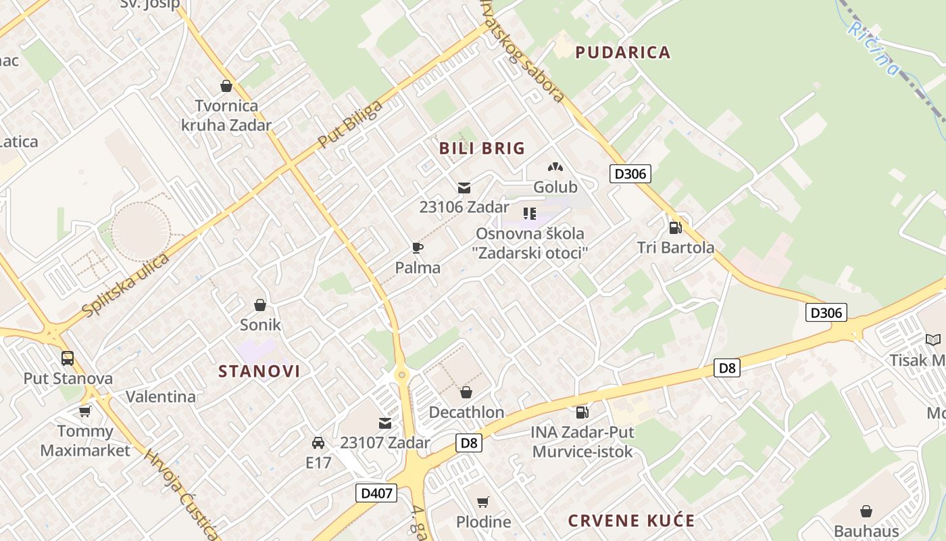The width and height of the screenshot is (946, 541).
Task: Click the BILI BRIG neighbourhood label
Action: [482, 149]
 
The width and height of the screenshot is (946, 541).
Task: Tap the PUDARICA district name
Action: [622, 53]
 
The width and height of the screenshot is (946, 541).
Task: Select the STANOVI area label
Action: [259, 371]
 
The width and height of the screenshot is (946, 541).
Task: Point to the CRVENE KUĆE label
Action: [631, 521]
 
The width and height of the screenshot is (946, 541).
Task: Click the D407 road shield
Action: [376, 493]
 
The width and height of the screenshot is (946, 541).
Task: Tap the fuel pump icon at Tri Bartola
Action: [674, 228]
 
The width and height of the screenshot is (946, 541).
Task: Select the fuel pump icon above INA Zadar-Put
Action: [581, 412]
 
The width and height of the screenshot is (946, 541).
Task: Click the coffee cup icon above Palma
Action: [418, 248]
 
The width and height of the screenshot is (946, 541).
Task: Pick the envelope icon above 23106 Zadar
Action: [464, 188]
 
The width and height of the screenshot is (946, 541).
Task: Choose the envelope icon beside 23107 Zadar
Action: [385, 423]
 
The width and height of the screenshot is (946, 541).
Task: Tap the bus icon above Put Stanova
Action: [68, 358]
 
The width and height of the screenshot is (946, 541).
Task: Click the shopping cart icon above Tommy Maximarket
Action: [84, 411]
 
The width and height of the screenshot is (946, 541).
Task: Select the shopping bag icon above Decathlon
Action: [466, 392]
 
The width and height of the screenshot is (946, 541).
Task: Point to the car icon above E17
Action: [318, 443]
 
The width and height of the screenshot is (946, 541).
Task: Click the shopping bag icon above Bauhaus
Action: [866, 511]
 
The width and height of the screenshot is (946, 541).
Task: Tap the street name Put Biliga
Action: [350, 123]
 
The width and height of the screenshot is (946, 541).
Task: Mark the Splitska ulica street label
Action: [126, 285]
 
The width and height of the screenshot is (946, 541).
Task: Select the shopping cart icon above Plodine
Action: [482, 502]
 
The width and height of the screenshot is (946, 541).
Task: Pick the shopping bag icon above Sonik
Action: [260, 305]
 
